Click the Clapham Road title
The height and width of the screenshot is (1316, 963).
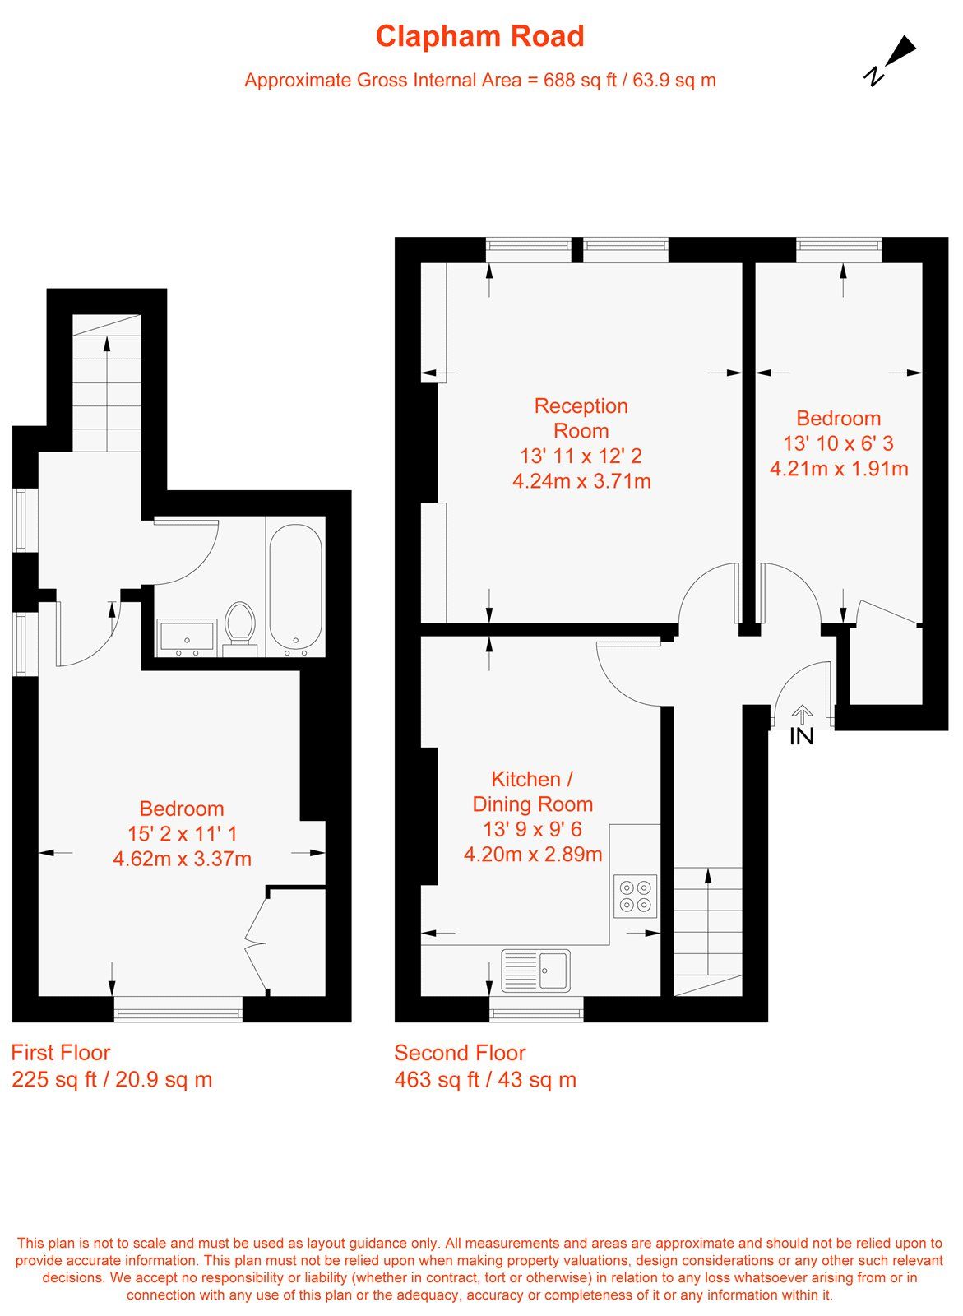[x=479, y=37]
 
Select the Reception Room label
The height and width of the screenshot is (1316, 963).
[x=581, y=418]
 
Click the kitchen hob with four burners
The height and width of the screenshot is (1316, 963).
[x=636, y=896]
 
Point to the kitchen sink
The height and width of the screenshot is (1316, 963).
[x=536, y=970]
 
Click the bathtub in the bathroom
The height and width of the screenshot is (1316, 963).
[x=295, y=587]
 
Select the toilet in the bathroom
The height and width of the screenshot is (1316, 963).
[x=240, y=628]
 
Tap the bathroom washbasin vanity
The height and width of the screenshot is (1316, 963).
[x=187, y=638]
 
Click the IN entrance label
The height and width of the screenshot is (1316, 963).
[x=802, y=736]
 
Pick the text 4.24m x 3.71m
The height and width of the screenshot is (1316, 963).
[x=581, y=481]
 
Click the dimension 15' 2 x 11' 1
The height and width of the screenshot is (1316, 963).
[x=182, y=834]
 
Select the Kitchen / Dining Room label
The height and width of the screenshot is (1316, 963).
[x=532, y=791]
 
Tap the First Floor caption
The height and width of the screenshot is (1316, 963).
[x=60, y=1053]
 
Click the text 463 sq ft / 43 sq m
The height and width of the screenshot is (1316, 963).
[x=485, y=1080]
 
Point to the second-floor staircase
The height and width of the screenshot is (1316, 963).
[x=707, y=929]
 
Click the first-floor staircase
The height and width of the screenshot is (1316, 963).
[x=107, y=382]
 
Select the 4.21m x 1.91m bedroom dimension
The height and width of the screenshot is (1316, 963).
[x=838, y=469]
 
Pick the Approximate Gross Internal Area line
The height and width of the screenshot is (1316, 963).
[x=479, y=80]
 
